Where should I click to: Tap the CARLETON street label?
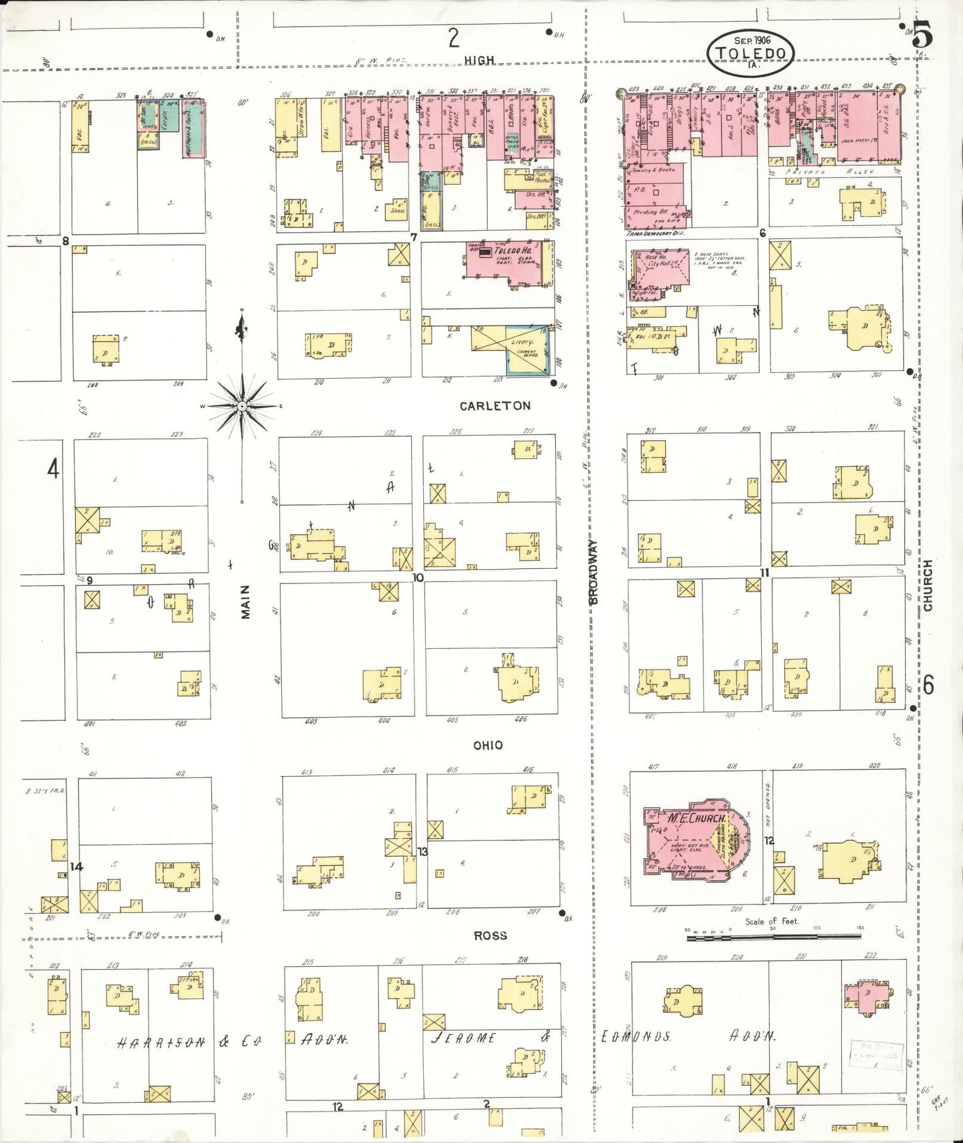point(494,405)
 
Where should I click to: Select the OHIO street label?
point(488,745)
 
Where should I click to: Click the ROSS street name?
point(490,936)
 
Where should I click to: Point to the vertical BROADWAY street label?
point(593,572)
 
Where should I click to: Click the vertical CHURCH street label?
point(928,586)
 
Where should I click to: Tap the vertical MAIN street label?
point(245,602)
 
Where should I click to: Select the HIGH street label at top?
point(479,60)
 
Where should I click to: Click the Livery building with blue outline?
point(526,349)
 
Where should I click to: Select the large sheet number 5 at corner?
point(923,35)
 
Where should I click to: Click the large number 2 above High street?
point(453,38)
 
